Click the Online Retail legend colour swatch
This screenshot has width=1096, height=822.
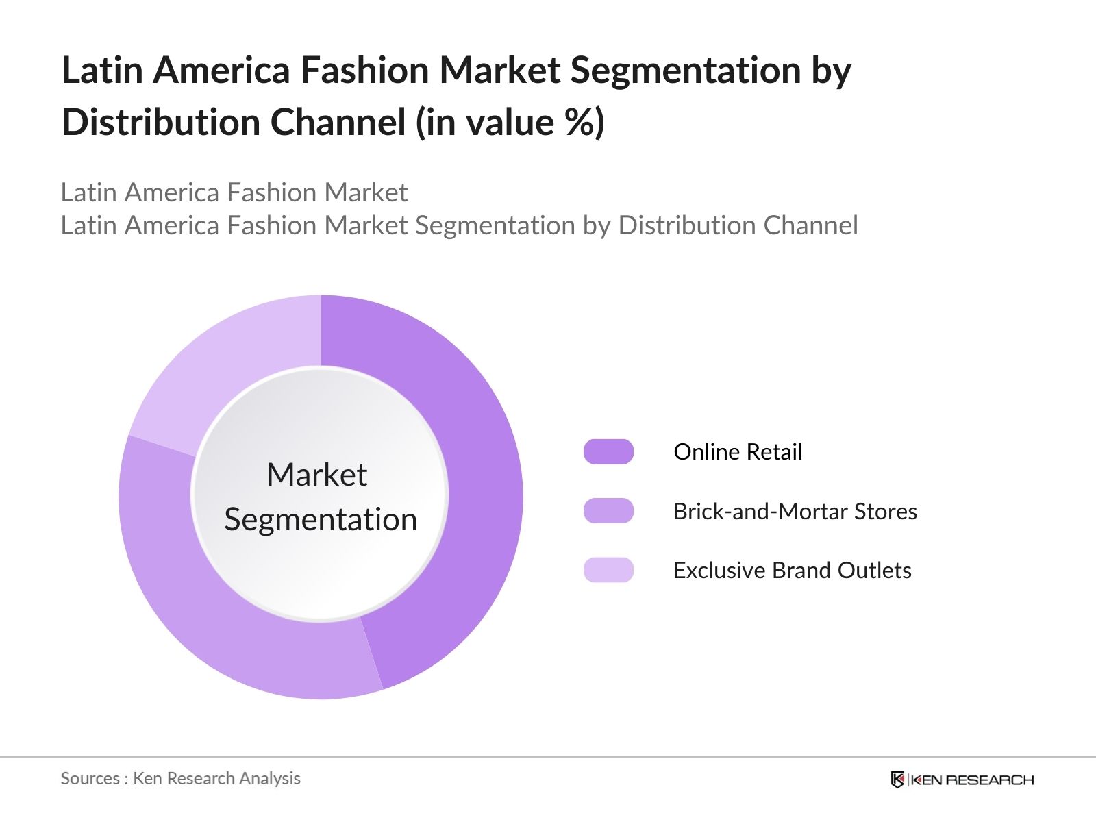tap(608, 452)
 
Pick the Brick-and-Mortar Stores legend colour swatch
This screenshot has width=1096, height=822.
tap(608, 511)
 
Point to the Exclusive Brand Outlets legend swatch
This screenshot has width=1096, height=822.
tap(608, 570)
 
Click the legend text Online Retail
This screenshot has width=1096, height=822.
tap(738, 452)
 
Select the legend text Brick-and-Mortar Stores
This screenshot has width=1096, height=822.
tap(795, 512)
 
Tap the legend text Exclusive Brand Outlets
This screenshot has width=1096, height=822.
tap(792, 571)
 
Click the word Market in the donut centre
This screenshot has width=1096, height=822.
tap(316, 475)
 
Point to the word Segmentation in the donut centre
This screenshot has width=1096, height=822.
tap(321, 520)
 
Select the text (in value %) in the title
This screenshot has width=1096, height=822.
tap(510, 123)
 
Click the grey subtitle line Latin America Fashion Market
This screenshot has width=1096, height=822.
tap(234, 192)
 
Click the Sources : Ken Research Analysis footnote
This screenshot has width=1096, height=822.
tap(181, 778)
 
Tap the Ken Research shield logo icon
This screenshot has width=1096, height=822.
tap(897, 780)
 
